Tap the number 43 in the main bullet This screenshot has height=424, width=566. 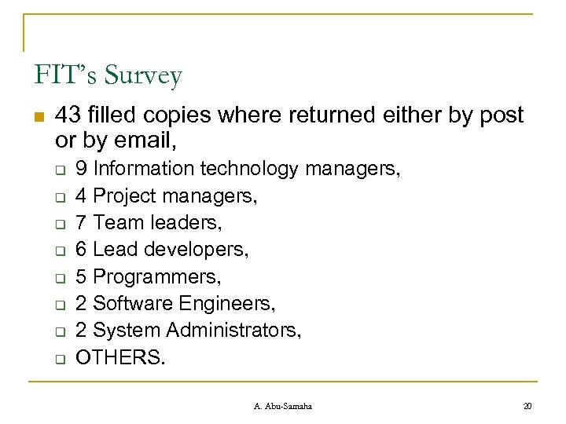tap(68, 115)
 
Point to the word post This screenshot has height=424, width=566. tap(501, 115)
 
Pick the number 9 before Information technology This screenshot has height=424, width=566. tap(81, 168)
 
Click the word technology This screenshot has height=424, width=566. tap(250, 168)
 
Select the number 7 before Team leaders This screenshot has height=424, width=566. tap(81, 222)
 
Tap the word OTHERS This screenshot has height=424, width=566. tap(120, 357)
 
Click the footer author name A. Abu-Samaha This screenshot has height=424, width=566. tap(283, 405)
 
